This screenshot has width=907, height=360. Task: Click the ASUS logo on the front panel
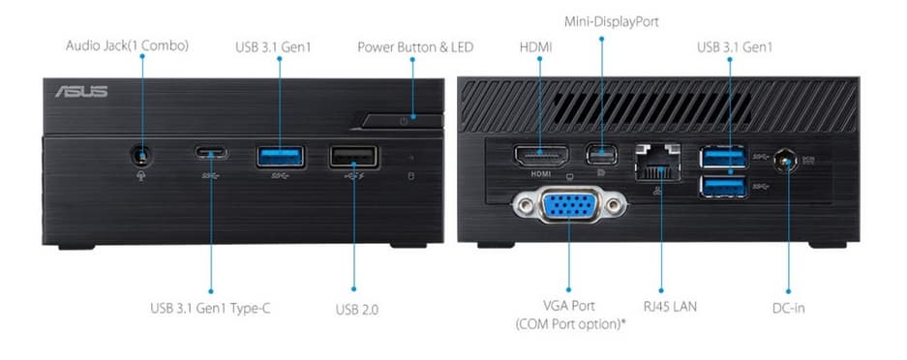coord(81,91)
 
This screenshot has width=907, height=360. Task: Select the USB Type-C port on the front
coord(211,153)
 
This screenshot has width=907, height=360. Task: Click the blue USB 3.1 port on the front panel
coord(281,157)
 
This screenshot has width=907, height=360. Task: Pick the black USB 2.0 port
coord(353,157)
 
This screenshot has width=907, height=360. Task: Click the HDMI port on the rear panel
coord(541,156)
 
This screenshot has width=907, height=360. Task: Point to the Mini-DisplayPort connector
coord(601,154)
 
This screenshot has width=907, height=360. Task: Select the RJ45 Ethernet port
coord(657,163)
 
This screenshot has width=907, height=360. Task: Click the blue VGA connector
coord(568,204)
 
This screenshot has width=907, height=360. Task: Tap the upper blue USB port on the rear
coord(723,157)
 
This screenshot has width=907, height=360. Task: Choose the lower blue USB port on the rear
coord(723,187)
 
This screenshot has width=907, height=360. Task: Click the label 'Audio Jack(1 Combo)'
coord(127,45)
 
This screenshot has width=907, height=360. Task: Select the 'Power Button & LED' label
coord(415,46)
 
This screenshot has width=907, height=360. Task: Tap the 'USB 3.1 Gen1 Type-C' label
coord(210,309)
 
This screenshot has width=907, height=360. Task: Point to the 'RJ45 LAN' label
coord(670,306)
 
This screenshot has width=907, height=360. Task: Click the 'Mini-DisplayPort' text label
coord(612,22)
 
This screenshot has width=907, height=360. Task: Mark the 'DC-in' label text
coord(788,308)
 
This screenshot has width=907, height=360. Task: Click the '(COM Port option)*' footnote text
coord(571,324)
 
